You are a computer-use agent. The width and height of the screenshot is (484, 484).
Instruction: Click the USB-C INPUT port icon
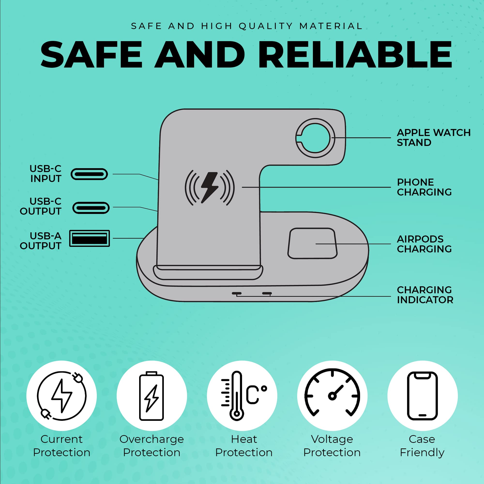tap(89, 174)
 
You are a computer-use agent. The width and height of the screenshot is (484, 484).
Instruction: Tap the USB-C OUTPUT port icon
tap(91, 208)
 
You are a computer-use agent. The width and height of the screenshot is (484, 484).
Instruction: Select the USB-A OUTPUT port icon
tap(90, 238)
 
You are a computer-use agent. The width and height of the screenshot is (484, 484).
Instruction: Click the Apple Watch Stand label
tap(434, 137)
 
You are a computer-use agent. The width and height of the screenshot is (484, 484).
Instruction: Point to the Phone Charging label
tap(424, 187)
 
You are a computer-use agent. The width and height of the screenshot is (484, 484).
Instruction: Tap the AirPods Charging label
tap(424, 244)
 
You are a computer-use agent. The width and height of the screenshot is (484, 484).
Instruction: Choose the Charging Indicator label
tap(425, 295)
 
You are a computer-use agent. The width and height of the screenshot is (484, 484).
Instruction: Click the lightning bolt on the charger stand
tap(209, 187)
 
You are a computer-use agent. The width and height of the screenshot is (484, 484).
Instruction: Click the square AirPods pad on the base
tap(312, 243)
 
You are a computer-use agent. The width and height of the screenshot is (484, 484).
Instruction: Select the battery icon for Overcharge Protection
tap(151, 396)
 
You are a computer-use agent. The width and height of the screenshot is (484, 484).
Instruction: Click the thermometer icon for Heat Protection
tap(236, 396)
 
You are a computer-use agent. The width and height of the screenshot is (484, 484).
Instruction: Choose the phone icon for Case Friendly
tap(422, 396)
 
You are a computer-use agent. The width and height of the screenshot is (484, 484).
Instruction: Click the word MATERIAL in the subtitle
tap(331, 26)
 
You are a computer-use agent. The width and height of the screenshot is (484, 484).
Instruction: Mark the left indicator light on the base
tap(236, 293)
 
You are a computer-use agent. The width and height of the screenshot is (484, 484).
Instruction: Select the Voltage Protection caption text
tap(332, 446)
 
